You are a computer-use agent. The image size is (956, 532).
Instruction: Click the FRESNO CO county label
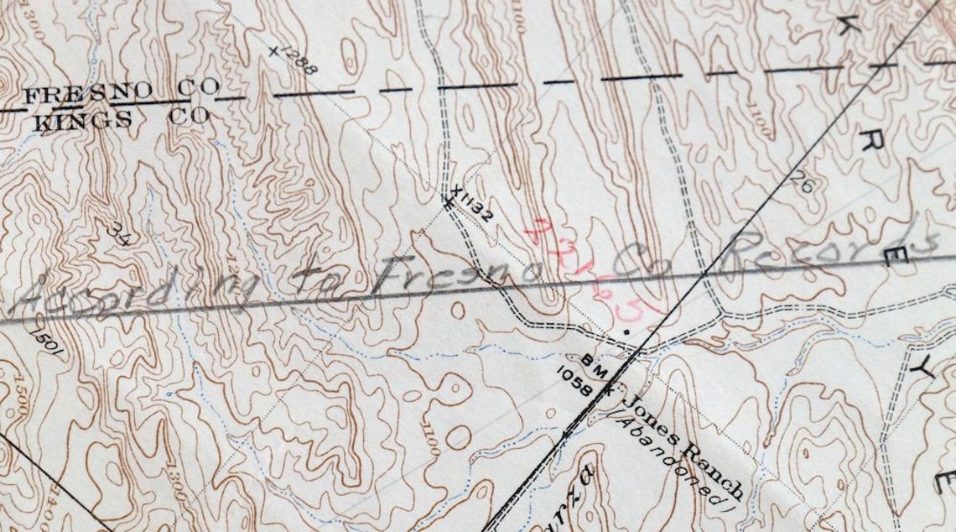121,91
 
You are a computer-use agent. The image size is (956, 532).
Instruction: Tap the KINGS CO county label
120,118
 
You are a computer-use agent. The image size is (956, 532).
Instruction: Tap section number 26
802,183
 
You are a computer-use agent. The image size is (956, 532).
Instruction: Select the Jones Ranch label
683,447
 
